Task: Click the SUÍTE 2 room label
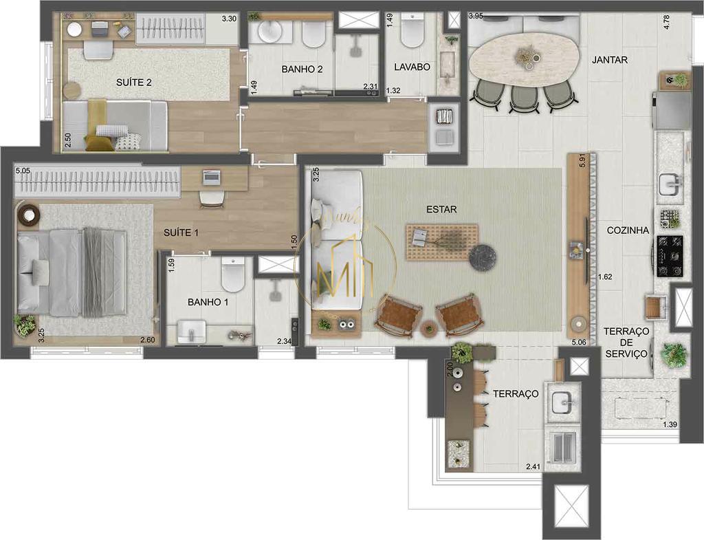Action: point(133,83)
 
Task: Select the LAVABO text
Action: point(412,67)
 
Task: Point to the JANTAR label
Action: point(609,60)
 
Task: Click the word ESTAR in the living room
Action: point(441,209)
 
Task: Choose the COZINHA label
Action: point(628,231)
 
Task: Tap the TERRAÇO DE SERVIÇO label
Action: point(626,343)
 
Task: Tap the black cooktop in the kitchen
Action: point(670,246)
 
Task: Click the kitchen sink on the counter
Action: point(670,184)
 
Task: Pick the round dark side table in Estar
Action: point(482,256)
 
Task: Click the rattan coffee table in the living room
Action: point(441,241)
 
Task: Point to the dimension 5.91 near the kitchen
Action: point(582,160)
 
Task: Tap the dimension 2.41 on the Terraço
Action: point(533,467)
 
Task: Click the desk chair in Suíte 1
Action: point(211,198)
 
